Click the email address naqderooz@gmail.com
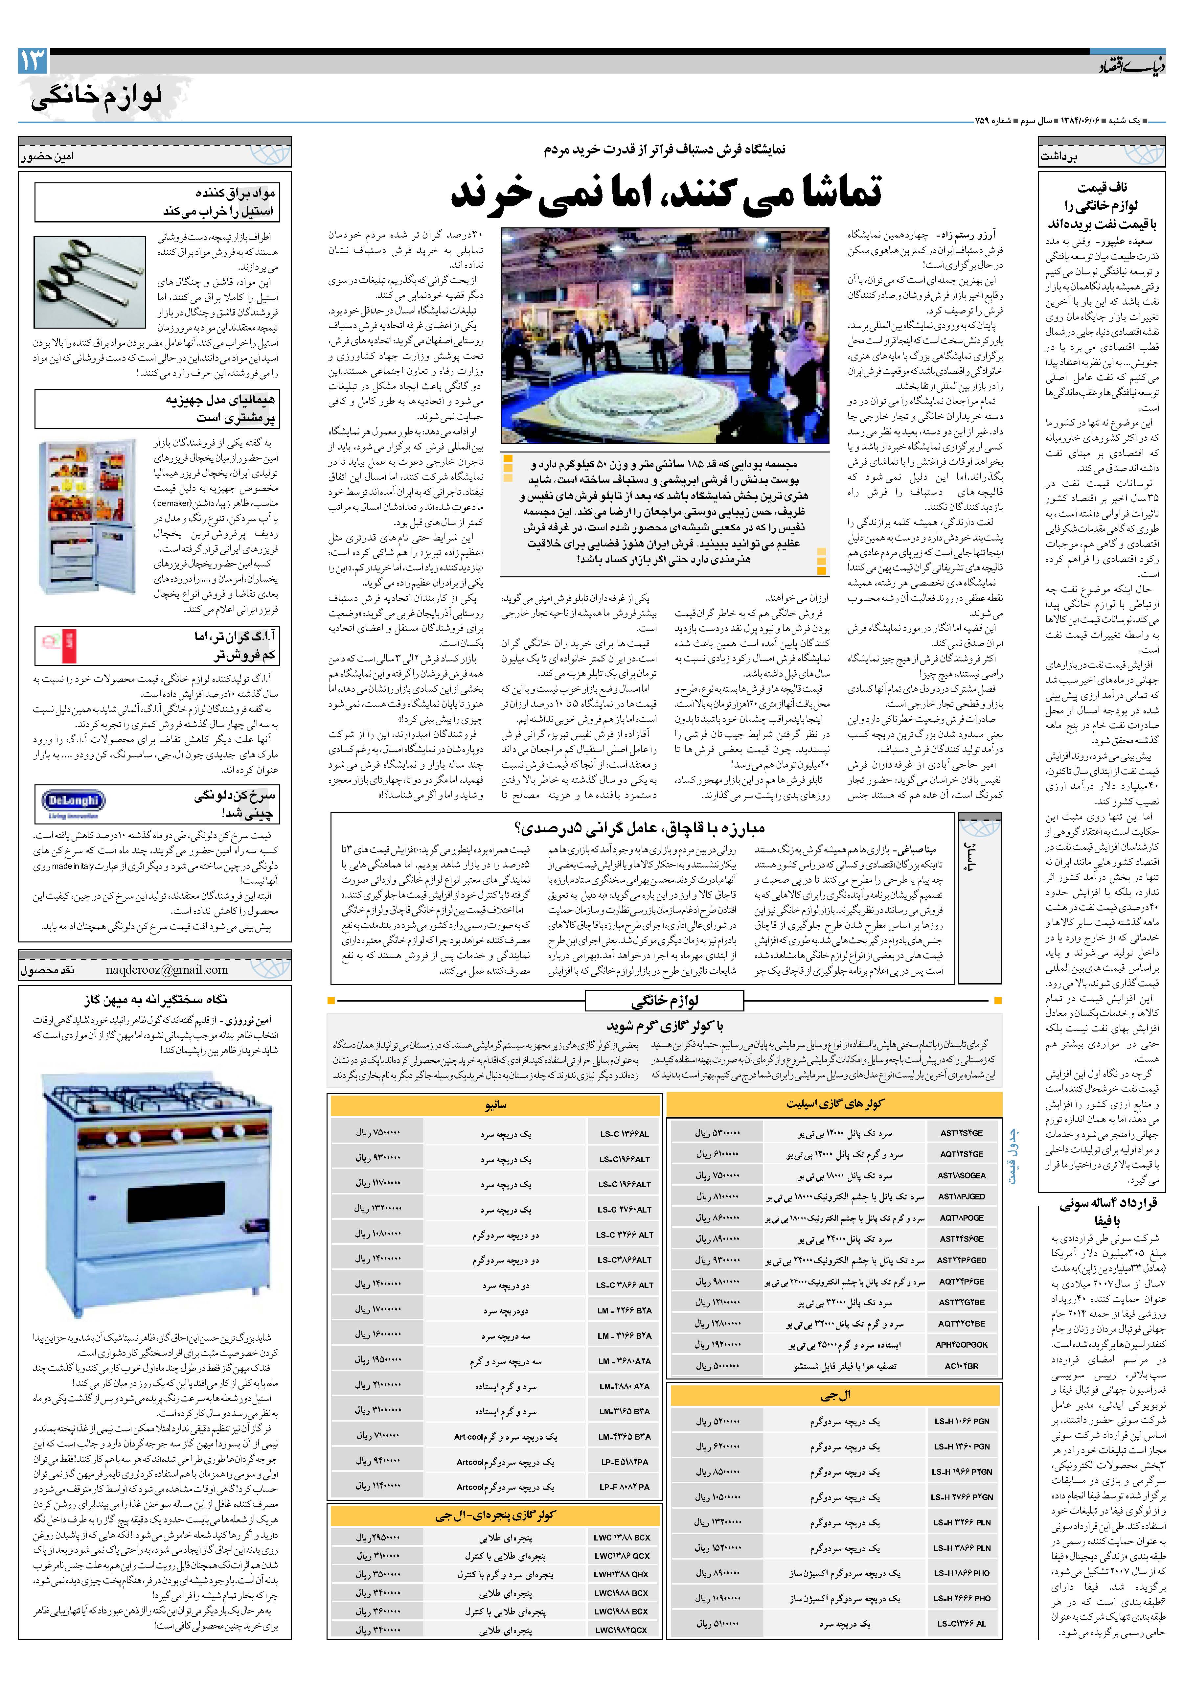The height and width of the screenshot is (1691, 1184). coord(167,969)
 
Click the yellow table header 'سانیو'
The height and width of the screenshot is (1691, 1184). coord(495,1105)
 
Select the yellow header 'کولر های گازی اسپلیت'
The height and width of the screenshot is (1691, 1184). coord(834,1103)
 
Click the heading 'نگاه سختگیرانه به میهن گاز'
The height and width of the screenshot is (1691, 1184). coord(155,999)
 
